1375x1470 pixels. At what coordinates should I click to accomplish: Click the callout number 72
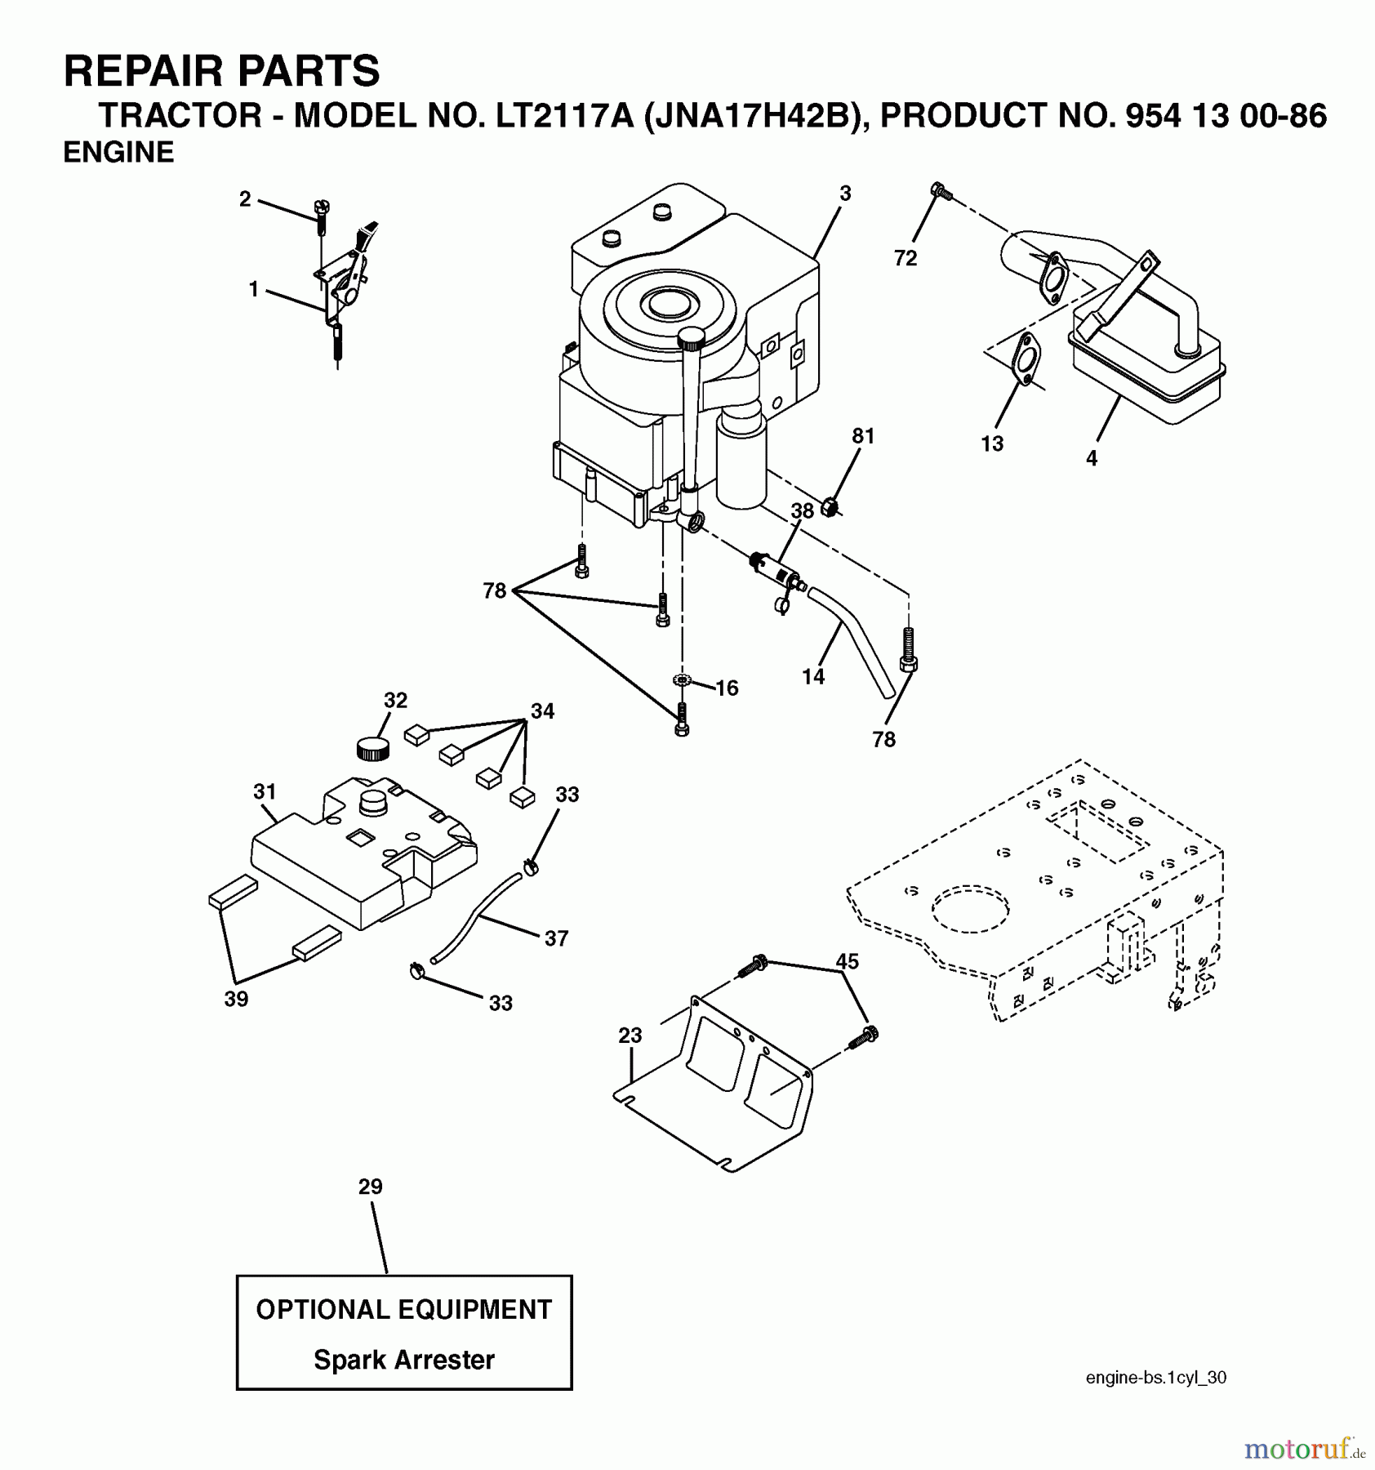[905, 258]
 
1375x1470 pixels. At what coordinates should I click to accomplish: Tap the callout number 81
[863, 436]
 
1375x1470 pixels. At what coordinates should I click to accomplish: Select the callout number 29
[370, 1187]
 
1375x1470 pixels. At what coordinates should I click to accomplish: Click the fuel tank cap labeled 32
[373, 747]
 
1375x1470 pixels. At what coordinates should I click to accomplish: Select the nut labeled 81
[830, 507]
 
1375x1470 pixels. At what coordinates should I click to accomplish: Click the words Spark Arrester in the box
[404, 1360]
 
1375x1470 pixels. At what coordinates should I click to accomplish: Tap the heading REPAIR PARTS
[221, 71]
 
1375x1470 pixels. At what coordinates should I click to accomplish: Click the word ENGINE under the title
[118, 153]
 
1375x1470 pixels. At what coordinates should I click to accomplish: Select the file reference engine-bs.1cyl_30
[1155, 1378]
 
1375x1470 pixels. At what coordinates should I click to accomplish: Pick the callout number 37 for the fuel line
[556, 938]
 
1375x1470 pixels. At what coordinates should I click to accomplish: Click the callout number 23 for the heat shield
[630, 1036]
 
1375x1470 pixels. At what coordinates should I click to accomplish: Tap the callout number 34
[542, 711]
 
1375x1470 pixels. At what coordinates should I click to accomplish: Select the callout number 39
[236, 999]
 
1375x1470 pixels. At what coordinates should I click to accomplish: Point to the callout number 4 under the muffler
[1092, 459]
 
